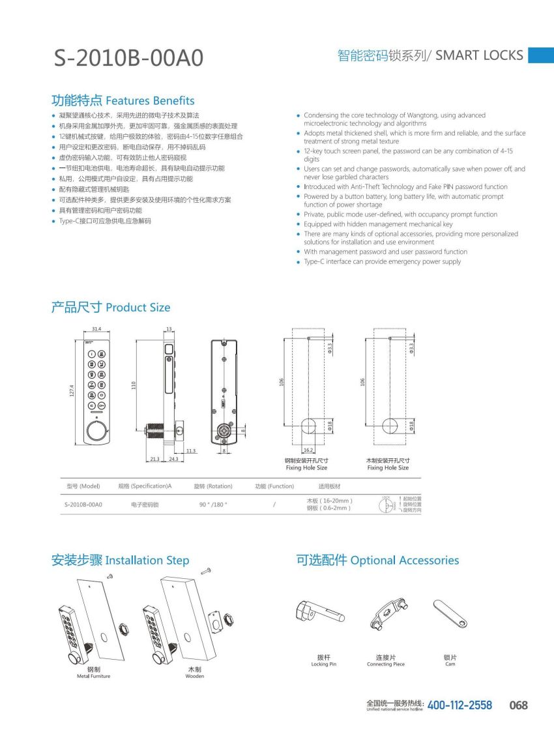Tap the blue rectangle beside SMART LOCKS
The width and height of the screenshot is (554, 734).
[540, 55]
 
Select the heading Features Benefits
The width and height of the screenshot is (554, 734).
[123, 100]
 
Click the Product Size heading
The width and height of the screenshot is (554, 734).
[110, 307]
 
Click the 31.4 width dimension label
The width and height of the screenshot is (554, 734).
[96, 329]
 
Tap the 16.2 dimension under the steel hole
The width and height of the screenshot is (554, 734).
[309, 450]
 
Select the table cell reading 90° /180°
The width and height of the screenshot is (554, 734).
[212, 504]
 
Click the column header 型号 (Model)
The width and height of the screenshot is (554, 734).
[83, 486]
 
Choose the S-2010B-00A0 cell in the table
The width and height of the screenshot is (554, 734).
[83, 504]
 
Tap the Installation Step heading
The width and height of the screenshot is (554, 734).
[120, 560]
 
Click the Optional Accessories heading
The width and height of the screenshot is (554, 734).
[377, 560]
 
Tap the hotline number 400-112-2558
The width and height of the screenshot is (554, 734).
[459, 705]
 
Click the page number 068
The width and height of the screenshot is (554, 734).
[518, 705]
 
